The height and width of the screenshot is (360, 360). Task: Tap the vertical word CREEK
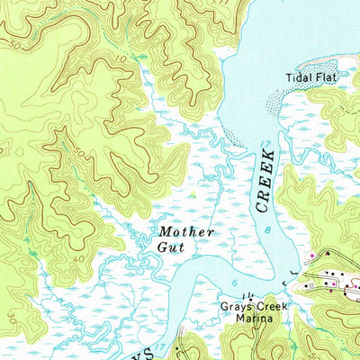point(266,180)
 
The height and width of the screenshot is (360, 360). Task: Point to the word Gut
point(170,247)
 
